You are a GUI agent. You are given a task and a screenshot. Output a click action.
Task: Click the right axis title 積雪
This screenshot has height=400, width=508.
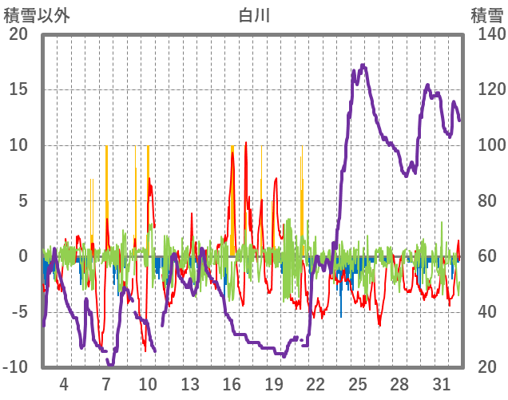486,14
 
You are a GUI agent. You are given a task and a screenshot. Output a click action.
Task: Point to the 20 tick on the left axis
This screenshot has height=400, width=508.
18,34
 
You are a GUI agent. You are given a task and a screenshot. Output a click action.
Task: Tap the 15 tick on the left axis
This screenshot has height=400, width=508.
18,89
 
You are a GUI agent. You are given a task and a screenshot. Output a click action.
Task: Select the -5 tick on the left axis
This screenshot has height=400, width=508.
18,312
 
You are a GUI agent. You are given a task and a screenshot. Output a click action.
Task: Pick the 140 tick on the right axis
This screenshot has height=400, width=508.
485,34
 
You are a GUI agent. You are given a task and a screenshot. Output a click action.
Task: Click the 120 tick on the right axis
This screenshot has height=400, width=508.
485,89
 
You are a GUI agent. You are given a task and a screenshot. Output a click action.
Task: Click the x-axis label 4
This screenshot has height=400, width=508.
64,383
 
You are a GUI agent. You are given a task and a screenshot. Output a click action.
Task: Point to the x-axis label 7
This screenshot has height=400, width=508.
105,383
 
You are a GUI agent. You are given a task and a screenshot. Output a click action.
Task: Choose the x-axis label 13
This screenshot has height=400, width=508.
189,383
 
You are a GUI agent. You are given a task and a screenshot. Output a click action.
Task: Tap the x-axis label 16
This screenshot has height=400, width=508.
232,383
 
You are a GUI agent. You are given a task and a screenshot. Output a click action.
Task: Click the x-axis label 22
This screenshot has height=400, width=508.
316,383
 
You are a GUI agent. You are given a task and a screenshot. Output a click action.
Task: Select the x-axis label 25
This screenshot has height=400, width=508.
358,383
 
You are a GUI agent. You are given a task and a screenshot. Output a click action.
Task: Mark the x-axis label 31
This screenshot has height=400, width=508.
442,383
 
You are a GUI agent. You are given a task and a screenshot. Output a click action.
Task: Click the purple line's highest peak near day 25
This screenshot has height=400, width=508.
363,65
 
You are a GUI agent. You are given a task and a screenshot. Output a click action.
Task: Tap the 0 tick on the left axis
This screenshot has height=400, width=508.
22,256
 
